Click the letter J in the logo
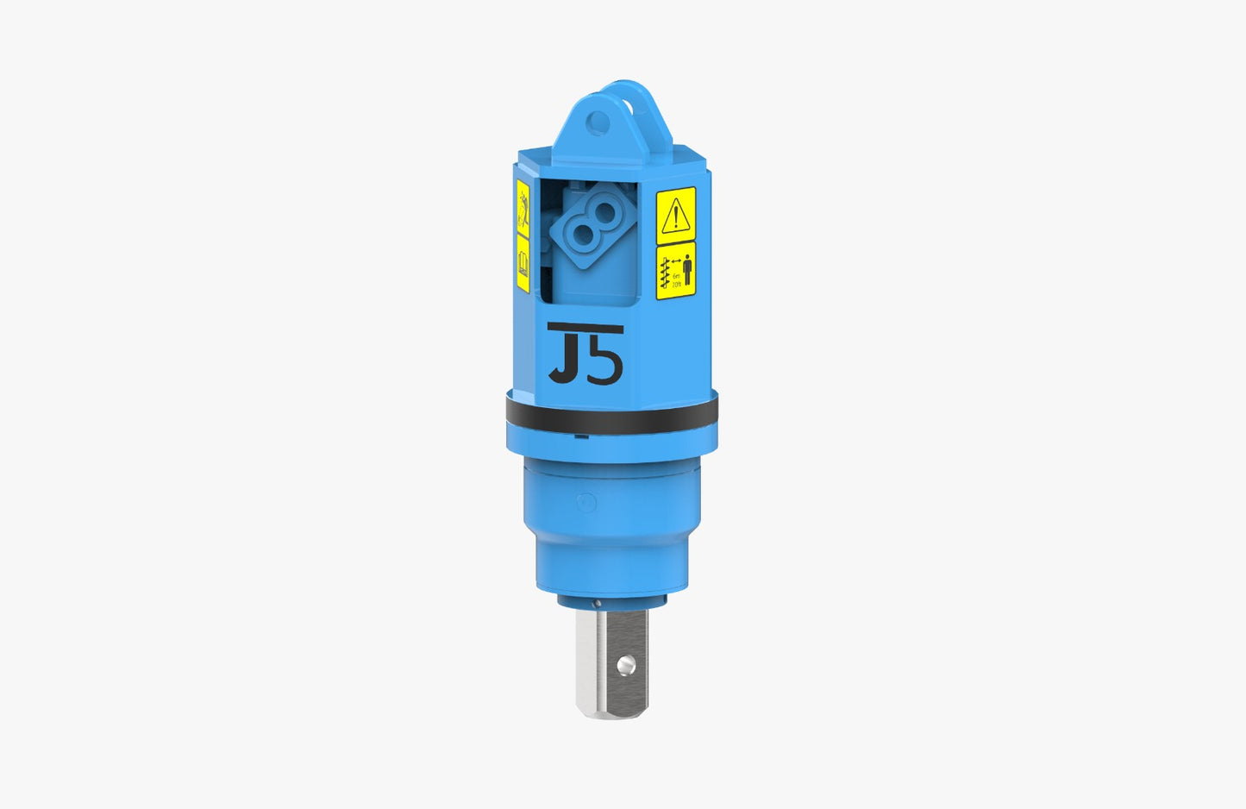tap(566, 358)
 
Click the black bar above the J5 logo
tap(585, 327)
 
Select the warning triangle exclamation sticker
tap(675, 214)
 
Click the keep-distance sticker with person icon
tap(675, 271)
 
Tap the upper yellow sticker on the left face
tap(522, 209)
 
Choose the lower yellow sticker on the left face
tap(522, 262)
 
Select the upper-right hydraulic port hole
tap(605, 212)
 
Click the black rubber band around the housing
tap(611, 418)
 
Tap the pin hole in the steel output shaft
tap(626, 664)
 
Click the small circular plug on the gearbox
tap(586, 503)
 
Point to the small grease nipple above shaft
tap(596, 603)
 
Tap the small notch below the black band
tap(586, 436)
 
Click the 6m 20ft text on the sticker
tap(675, 280)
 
